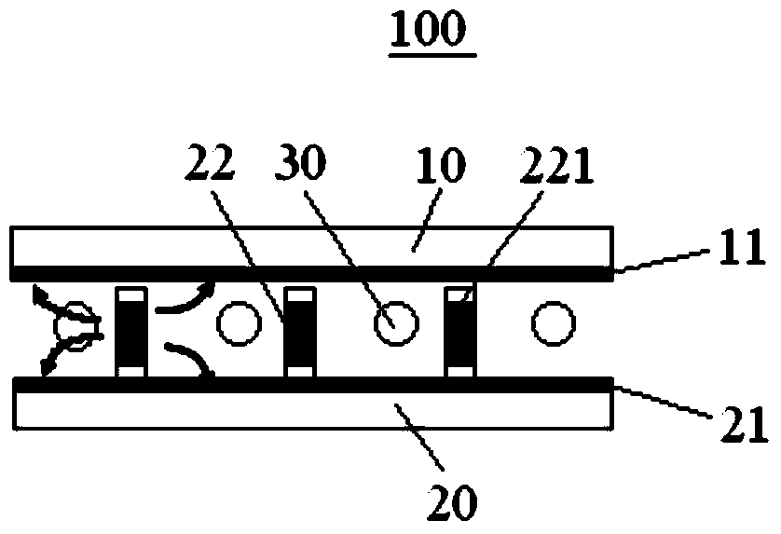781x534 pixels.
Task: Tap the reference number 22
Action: [x=210, y=162]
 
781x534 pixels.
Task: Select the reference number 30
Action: [x=301, y=161]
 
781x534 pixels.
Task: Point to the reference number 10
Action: [x=440, y=164]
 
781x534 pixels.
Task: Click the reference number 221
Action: [x=556, y=165]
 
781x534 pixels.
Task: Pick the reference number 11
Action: [x=742, y=246]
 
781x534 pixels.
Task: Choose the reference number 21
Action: [x=745, y=425]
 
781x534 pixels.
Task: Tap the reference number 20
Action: [x=452, y=502]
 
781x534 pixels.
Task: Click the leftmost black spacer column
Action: [x=131, y=332]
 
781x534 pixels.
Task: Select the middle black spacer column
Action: [x=300, y=332]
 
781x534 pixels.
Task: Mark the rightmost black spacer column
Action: [x=460, y=332]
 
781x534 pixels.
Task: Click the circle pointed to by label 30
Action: [x=396, y=323]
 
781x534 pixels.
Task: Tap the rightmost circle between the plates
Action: [x=554, y=323]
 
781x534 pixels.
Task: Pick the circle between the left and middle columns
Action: [x=239, y=323]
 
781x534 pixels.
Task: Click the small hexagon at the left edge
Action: [x=78, y=326]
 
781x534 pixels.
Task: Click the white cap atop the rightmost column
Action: [x=460, y=295]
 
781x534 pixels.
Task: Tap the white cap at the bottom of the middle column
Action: [x=300, y=372]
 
